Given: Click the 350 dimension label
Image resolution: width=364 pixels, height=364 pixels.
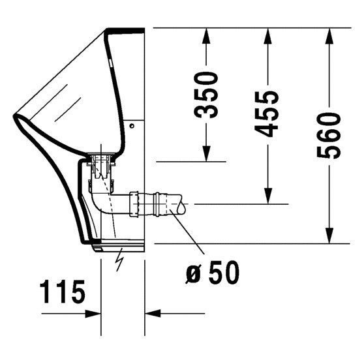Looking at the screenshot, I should pos(208,94).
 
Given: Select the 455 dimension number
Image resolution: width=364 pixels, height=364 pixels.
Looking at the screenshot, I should pos(267,114).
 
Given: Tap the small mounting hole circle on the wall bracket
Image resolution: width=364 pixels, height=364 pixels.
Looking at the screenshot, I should pos(132,123).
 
